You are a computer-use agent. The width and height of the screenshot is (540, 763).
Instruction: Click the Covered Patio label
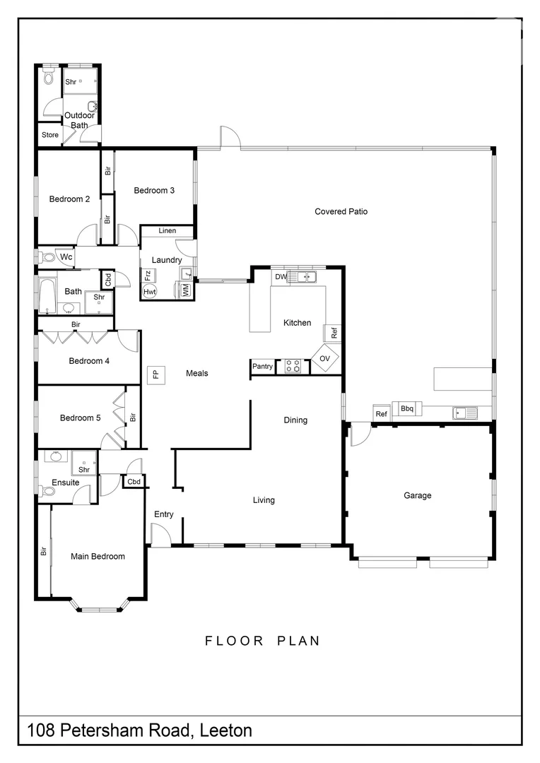click(341, 211)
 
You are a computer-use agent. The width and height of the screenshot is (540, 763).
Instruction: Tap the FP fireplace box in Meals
click(155, 374)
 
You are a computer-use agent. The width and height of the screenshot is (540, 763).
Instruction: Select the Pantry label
click(262, 366)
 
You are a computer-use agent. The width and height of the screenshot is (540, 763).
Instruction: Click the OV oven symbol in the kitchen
click(325, 358)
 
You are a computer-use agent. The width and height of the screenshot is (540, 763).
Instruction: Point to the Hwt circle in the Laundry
click(150, 291)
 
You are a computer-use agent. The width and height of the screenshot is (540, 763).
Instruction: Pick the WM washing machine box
click(185, 289)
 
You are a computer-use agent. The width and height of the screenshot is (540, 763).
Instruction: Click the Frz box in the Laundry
click(148, 276)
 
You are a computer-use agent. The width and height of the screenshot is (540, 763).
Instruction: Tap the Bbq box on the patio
click(407, 408)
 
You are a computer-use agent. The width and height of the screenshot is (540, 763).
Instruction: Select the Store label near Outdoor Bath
click(49, 135)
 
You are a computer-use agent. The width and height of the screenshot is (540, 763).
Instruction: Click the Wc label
click(66, 257)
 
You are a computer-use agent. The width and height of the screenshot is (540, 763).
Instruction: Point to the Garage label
click(417, 496)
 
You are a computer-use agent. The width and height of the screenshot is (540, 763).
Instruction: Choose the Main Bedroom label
click(98, 557)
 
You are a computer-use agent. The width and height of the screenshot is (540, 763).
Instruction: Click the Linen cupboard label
click(168, 231)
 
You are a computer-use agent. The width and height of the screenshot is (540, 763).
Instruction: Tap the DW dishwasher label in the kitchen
click(281, 277)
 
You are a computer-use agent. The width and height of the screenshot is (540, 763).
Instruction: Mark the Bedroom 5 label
click(80, 418)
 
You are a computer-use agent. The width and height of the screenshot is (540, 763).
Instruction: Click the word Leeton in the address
click(226, 731)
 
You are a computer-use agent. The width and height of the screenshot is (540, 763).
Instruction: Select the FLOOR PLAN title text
click(262, 641)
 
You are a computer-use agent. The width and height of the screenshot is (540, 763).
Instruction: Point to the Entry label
click(163, 514)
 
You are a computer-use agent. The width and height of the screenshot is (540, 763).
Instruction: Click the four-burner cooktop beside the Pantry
click(293, 366)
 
